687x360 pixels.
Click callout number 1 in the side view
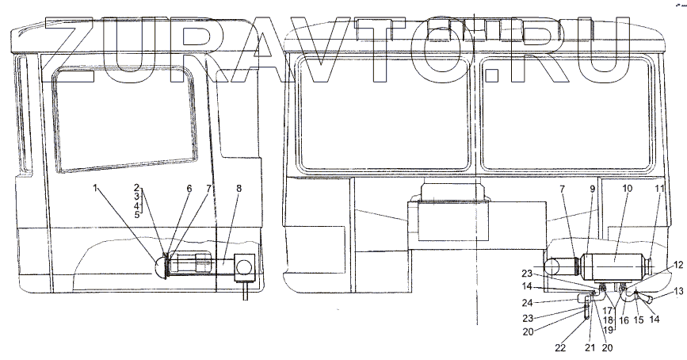[97, 188]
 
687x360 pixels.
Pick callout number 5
[136, 214]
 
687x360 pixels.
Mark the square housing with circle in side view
[242, 267]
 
